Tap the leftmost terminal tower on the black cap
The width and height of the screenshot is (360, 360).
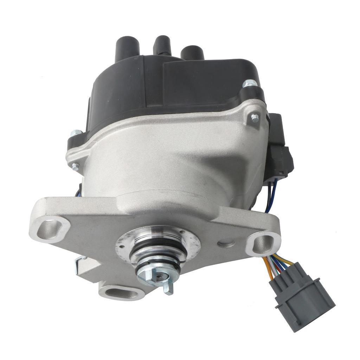pos(123,46)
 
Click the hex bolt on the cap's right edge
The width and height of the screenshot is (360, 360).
pos(250,84)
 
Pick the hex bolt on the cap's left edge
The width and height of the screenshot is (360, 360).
pos(76,133)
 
